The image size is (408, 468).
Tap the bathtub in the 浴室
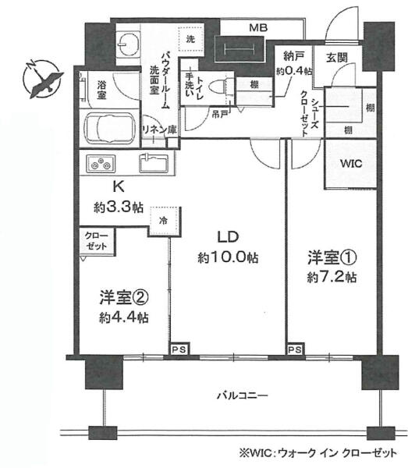click(x=109, y=129)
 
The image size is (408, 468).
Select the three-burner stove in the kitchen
click(x=101, y=164)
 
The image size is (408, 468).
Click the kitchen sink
click(x=154, y=163)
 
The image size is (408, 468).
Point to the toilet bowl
click(x=218, y=87)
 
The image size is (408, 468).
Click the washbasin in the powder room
click(x=127, y=44)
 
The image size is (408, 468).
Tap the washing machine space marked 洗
click(x=191, y=39)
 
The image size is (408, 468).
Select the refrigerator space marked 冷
click(x=164, y=221)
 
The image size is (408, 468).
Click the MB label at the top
click(x=258, y=28)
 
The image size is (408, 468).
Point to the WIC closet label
click(x=351, y=164)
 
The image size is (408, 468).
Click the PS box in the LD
click(x=179, y=349)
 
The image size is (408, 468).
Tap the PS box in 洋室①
click(x=295, y=349)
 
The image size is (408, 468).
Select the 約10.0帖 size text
click(x=228, y=257)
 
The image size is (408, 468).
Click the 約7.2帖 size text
click(x=332, y=277)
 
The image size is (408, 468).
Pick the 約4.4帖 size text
click(x=124, y=317)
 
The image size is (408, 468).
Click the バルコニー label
click(x=242, y=395)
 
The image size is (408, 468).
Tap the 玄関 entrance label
click(x=337, y=57)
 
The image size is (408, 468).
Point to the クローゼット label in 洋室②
click(x=97, y=241)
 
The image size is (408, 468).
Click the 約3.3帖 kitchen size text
click(x=119, y=207)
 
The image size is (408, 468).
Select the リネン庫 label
click(x=160, y=129)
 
